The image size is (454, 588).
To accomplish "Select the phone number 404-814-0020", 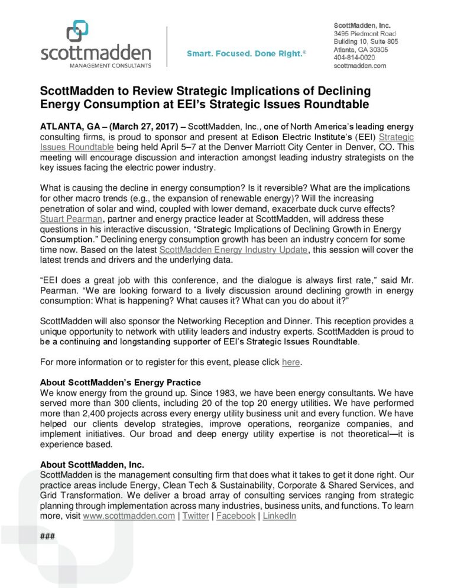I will pyautogui.click(x=354, y=58).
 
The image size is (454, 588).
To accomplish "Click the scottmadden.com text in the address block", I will pyautogui.click(x=359, y=66).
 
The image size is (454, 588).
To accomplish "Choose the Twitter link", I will pyautogui.click(x=196, y=516).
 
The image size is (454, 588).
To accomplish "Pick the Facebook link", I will pyautogui.click(x=236, y=516).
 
